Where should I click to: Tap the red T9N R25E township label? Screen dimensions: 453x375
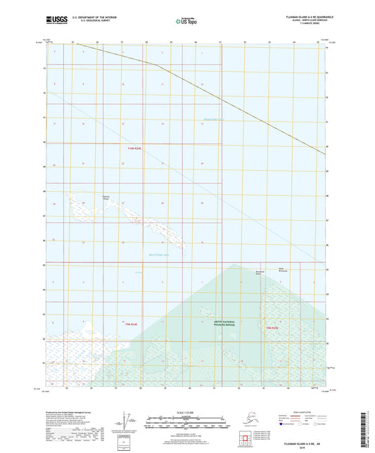coord(274,328)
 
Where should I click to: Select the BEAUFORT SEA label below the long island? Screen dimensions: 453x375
coord(159,255)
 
